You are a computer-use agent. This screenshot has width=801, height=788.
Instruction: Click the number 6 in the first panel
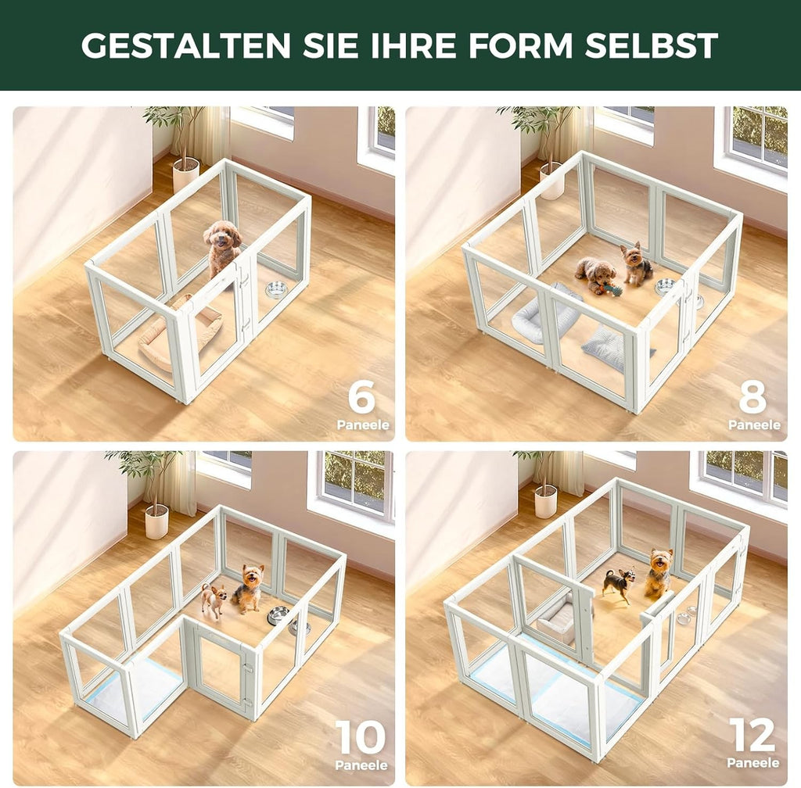pyautogui.click(x=362, y=399)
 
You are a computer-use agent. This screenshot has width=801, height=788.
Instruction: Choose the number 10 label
pyautogui.click(x=361, y=737)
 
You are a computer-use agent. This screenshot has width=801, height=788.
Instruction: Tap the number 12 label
pyautogui.click(x=753, y=736)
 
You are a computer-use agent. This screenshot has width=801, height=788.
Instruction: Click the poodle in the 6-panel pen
pyautogui.click(x=222, y=245)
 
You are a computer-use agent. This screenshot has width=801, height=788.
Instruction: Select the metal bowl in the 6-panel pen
pyautogui.click(x=276, y=290)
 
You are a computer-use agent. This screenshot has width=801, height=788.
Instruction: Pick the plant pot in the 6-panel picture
pyautogui.click(x=185, y=173)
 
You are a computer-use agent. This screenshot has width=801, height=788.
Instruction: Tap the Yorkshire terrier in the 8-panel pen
pyautogui.click(x=635, y=264)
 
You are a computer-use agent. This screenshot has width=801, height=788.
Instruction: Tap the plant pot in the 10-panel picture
pyautogui.click(x=156, y=521)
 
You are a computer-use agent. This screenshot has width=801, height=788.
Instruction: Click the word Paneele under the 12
pyautogui.click(x=753, y=763)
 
